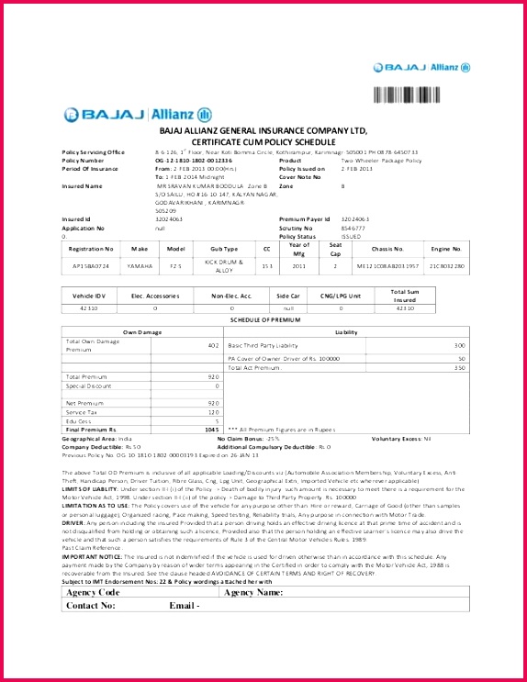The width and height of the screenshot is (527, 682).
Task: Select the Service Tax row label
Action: pyautogui.click(x=80, y=412)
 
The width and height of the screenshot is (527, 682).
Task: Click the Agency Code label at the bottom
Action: pyautogui.click(x=94, y=592)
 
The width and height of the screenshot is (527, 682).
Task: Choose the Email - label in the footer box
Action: pyautogui.click(x=185, y=606)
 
